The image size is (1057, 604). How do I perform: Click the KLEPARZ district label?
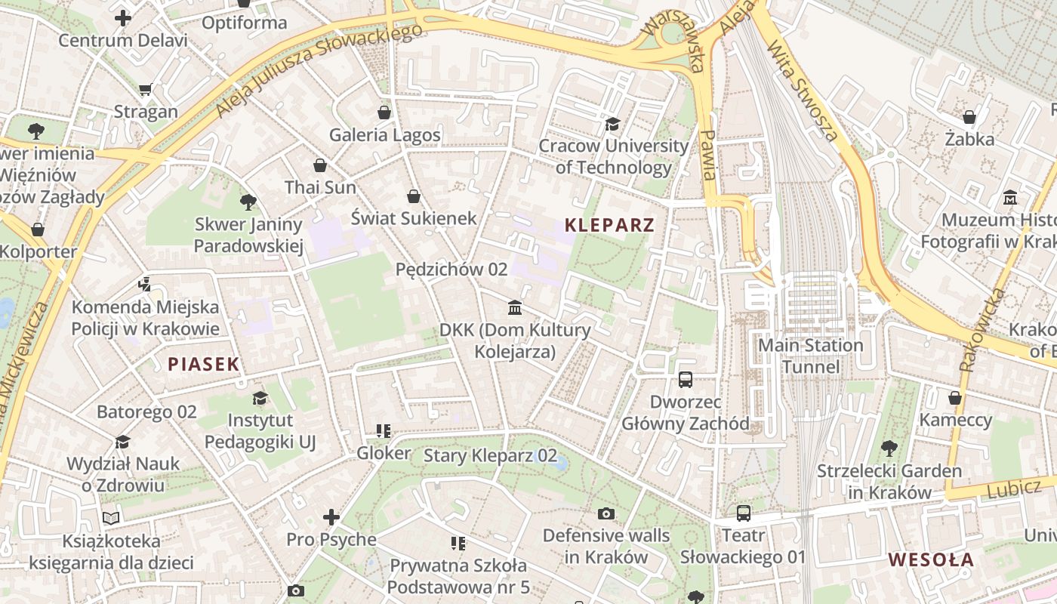tap(609, 225)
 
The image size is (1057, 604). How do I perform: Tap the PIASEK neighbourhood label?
tap(203, 365)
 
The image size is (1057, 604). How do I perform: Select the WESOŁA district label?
tap(931, 560)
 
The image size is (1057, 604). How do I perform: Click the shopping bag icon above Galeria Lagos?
tap(384, 113)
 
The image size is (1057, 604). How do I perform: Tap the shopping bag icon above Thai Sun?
tap(320, 165)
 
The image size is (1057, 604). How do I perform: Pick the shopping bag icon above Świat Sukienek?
tap(414, 196)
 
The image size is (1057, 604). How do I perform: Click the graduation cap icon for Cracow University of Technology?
tap(612, 124)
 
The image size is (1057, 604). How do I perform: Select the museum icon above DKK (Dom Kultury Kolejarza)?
tap(515, 307)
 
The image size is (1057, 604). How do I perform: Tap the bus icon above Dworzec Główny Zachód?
tap(686, 380)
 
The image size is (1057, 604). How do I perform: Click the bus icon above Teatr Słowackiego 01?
tap(744, 513)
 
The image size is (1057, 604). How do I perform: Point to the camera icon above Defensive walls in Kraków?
tap(606, 514)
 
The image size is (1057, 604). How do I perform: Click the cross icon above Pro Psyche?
tap(331, 517)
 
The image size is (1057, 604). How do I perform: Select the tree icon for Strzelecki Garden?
tap(889, 448)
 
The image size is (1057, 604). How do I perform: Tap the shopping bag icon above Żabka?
tap(969, 118)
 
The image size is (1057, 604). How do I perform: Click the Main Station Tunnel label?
tap(810, 356)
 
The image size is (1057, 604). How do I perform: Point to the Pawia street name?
tap(708, 154)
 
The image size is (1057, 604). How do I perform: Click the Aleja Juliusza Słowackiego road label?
tap(318, 71)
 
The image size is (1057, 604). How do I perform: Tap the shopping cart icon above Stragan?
tap(146, 90)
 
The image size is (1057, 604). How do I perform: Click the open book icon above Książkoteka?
tap(111, 518)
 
